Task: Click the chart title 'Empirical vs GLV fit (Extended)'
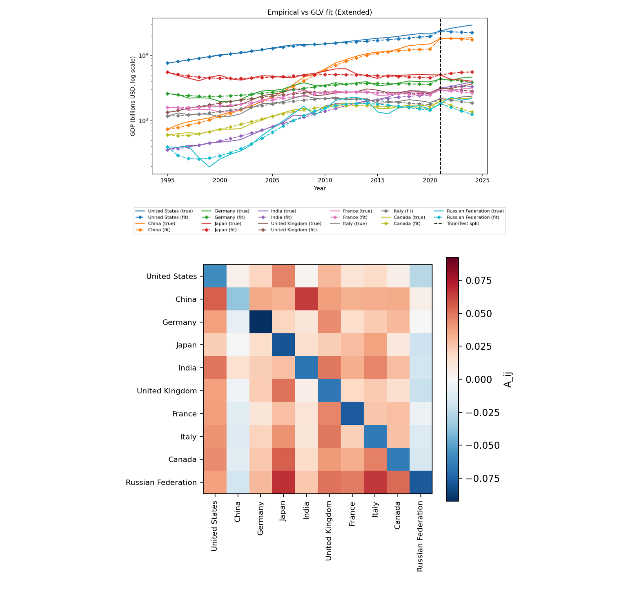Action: click(x=319, y=12)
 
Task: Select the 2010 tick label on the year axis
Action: click(x=325, y=180)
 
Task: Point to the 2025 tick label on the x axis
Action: click(x=482, y=180)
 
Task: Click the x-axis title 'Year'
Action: click(x=320, y=188)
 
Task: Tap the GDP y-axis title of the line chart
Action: click(x=133, y=96)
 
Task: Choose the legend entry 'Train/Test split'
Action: click(x=463, y=224)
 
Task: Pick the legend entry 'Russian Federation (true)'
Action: click(x=475, y=211)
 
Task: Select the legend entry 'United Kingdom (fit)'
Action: click(x=294, y=230)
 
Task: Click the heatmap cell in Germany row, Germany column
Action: click(x=261, y=322)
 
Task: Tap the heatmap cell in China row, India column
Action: click(x=307, y=299)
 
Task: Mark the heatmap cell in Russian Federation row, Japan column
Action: click(x=284, y=482)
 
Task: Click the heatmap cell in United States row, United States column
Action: click(x=215, y=276)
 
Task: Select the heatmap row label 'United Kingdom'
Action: click(x=167, y=391)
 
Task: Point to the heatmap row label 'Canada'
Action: click(x=182, y=460)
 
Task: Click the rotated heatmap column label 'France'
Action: click(x=352, y=514)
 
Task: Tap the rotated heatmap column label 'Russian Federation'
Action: click(x=421, y=536)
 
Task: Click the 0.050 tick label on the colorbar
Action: click(x=479, y=314)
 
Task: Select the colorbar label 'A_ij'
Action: click(x=508, y=379)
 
